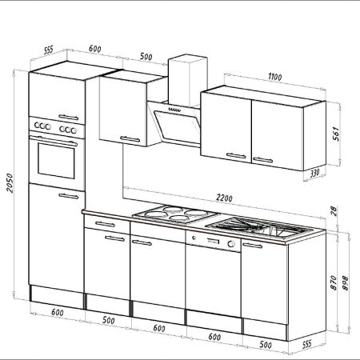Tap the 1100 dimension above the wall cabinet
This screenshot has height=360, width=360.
click(275, 78)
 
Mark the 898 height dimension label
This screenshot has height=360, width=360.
click(346, 281)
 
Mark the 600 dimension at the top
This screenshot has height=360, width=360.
click(94, 49)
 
